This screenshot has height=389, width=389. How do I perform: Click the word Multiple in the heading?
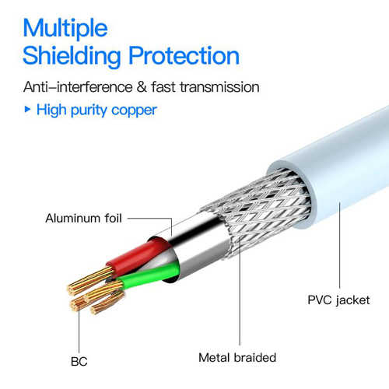point(65,29)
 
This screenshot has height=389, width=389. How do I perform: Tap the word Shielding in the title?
point(72,57)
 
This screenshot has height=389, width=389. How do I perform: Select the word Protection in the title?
point(184,55)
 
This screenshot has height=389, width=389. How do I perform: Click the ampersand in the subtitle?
point(142,86)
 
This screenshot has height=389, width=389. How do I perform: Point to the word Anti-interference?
point(78,86)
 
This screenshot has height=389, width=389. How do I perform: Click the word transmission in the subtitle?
point(219,87)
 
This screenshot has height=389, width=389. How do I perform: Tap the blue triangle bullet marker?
point(27,109)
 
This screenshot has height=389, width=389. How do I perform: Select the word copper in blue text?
point(134,110)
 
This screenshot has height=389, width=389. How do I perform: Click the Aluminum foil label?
point(83,218)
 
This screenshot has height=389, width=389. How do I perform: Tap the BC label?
point(79,362)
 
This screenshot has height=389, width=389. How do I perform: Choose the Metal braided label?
point(237,358)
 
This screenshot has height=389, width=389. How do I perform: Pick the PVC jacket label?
point(338,300)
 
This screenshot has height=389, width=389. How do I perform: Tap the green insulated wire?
point(148,275)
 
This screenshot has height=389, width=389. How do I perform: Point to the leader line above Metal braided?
point(240,290)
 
